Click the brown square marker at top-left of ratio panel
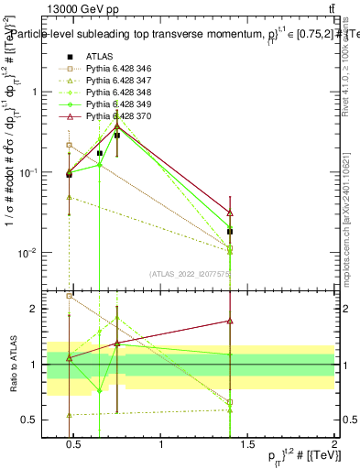pos(70,296)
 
